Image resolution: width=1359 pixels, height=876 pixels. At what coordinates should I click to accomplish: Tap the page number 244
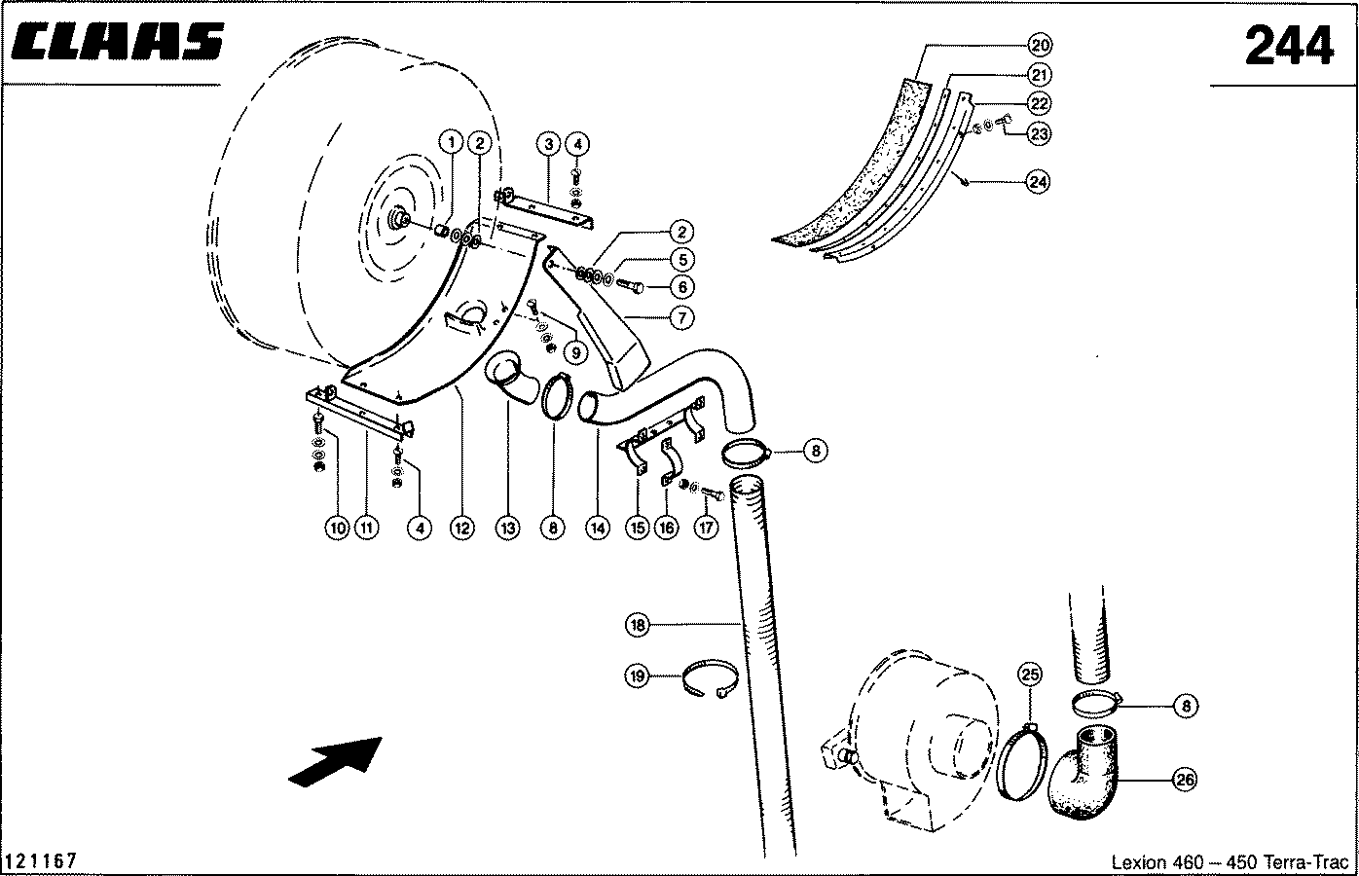[x=1289, y=46]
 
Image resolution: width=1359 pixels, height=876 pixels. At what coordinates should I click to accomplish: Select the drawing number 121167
[x=41, y=860]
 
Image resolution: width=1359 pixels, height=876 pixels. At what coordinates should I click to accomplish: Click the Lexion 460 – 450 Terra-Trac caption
[x=1230, y=861]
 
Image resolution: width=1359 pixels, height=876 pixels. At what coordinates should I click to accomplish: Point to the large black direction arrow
[x=336, y=761]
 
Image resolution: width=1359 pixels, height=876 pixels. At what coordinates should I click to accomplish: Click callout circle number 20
[x=1040, y=46]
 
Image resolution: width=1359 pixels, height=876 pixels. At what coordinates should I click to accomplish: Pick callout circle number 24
[x=1038, y=181]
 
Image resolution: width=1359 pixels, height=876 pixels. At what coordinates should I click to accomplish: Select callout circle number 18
[x=637, y=625]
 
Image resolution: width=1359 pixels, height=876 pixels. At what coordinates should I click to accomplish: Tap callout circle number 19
[x=637, y=675]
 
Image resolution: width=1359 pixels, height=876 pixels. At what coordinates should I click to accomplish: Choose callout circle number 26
[x=1185, y=779]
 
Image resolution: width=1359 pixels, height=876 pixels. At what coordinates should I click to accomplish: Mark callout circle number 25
[x=1030, y=675]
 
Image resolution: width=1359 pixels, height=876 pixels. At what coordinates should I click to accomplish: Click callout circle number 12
[x=461, y=528]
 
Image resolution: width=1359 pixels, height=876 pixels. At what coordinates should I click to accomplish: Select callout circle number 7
[x=681, y=317]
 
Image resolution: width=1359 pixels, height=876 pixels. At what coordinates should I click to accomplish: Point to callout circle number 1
[x=451, y=143]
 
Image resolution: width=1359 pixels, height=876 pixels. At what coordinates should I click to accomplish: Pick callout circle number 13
[x=507, y=528]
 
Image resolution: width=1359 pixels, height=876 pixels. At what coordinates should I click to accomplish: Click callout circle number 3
[x=548, y=144]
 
